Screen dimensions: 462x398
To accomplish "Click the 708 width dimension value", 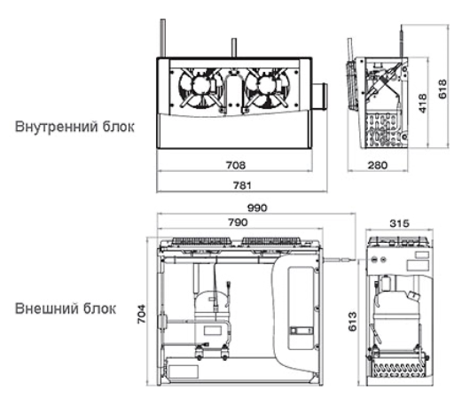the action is pos(236,165).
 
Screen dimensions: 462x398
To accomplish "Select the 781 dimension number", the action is pos(242,185).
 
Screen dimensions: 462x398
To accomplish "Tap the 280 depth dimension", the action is pos(378,165).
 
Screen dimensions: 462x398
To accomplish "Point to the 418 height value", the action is pos(423,103).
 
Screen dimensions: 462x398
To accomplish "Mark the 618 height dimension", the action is pos(442,89).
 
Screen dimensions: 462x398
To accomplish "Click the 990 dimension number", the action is pos(257,208).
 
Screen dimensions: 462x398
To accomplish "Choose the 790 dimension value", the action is pos(238,222).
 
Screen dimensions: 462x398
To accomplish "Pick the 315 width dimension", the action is pos(399,223).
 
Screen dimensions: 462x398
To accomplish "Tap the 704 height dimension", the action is pos(141,314).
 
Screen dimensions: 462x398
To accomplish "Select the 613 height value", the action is pos(352,322).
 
